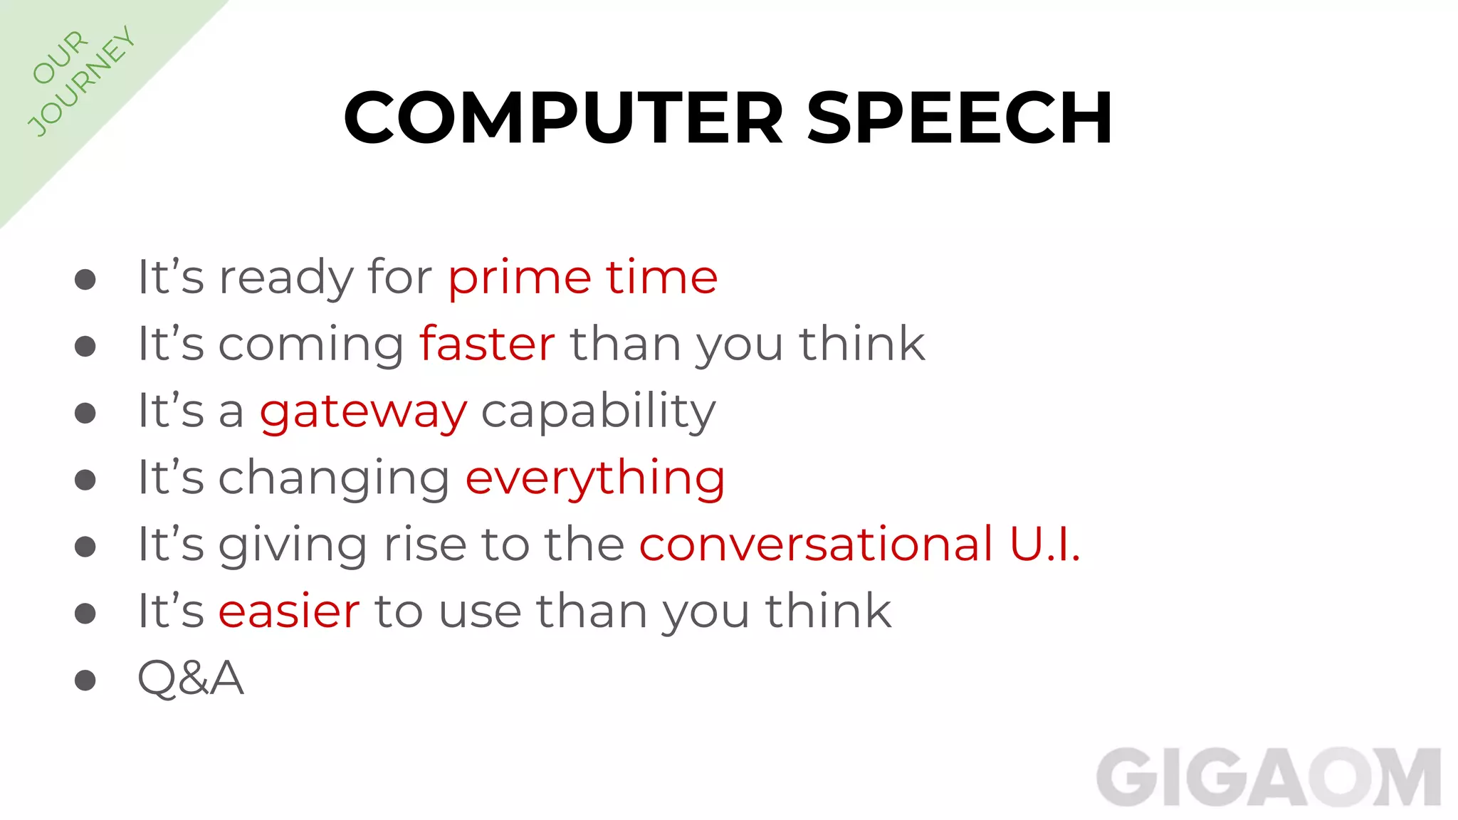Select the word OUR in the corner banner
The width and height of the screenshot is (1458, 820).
60,57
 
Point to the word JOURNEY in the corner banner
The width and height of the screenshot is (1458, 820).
81,81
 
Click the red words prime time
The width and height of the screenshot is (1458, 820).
582,278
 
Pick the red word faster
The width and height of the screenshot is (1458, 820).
487,344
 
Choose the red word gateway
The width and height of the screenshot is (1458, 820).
363,412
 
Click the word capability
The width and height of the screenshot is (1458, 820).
598,412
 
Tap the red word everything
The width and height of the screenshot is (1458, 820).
595,478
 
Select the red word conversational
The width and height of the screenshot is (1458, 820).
816,545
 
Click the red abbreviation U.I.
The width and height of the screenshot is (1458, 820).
1044,545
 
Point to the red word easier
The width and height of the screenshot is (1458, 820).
289,611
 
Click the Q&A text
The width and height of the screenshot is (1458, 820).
191,678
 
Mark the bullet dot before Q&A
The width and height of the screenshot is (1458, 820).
85,680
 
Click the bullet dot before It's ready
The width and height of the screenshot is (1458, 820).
85,280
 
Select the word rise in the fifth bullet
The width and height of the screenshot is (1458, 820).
424,545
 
